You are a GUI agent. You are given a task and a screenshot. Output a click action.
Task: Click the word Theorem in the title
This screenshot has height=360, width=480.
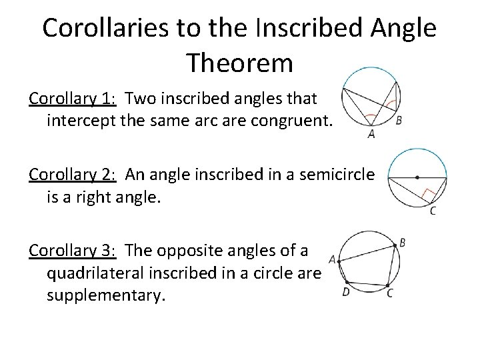(x=240, y=63)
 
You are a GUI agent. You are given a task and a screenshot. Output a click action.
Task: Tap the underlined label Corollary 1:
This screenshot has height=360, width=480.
(x=73, y=99)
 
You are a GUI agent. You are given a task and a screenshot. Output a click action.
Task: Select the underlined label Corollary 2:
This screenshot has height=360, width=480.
(x=73, y=175)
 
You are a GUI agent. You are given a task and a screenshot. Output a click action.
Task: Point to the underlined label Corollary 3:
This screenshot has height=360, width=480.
(x=73, y=251)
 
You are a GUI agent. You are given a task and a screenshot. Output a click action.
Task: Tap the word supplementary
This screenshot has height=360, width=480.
(x=105, y=295)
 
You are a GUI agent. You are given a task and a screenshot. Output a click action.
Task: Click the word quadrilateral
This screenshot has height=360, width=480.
(x=105, y=273)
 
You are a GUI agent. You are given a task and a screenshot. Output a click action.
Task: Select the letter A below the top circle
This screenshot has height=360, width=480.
(x=371, y=133)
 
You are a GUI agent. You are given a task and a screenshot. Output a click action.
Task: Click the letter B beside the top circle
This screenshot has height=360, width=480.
(x=399, y=121)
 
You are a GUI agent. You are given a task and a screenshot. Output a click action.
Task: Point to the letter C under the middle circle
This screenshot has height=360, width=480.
(x=433, y=211)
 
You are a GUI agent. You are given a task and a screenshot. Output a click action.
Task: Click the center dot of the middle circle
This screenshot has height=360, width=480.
(x=417, y=178)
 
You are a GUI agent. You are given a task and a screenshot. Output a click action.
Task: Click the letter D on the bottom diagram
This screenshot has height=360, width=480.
(x=346, y=291)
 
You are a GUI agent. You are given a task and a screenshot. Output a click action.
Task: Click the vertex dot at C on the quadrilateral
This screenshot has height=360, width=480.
(x=389, y=286)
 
